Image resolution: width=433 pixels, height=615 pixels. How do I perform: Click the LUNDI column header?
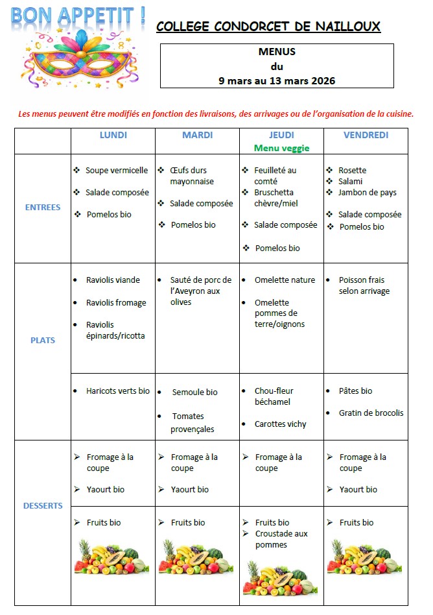pos(113,135)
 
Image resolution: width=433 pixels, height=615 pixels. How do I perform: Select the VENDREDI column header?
pos(366,135)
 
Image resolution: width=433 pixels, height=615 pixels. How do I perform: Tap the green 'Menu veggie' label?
pos(281,148)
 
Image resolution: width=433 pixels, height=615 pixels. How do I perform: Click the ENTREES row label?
pos(43,208)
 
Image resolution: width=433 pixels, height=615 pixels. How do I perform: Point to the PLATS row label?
pos(43,340)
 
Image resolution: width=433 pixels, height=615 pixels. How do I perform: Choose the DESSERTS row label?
pos(43,505)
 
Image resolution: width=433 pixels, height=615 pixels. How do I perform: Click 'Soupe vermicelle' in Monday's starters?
pos(117,171)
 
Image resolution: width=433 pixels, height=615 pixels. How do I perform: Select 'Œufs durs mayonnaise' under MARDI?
pos(192,176)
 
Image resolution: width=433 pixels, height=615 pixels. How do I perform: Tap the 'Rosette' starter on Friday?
pos(352,171)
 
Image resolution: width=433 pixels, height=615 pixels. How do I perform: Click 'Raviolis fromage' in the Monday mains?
pos(116,302)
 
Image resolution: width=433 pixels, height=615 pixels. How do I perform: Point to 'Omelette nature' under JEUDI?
pos(285,280)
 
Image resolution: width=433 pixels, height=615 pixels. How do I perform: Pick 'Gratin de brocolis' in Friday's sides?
pos(371,413)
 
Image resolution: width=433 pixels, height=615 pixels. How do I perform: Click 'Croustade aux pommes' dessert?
pos(281,539)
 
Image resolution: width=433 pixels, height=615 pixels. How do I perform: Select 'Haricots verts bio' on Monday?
pos(117,391)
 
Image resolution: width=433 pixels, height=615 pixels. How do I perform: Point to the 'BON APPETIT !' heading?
pos(78,16)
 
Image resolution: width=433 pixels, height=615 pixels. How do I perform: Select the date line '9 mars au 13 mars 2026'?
pos(277,80)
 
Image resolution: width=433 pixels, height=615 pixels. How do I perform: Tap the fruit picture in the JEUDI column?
pos(281,575)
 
